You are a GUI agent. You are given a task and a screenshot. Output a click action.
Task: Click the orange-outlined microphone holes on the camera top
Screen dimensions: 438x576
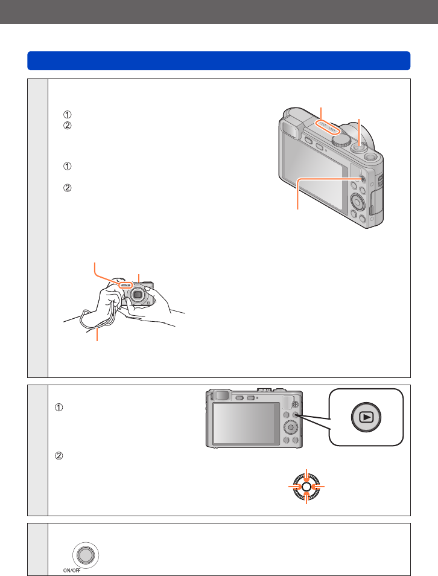pos(329,129)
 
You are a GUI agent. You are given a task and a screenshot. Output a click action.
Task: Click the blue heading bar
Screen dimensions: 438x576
pos(219,60)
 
